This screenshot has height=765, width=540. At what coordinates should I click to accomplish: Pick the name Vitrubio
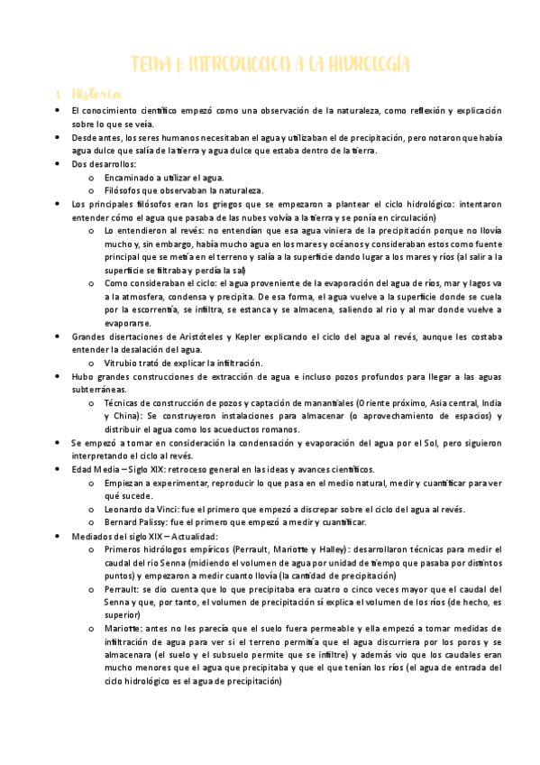[121, 363]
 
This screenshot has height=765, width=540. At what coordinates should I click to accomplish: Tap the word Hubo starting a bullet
[83, 376]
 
